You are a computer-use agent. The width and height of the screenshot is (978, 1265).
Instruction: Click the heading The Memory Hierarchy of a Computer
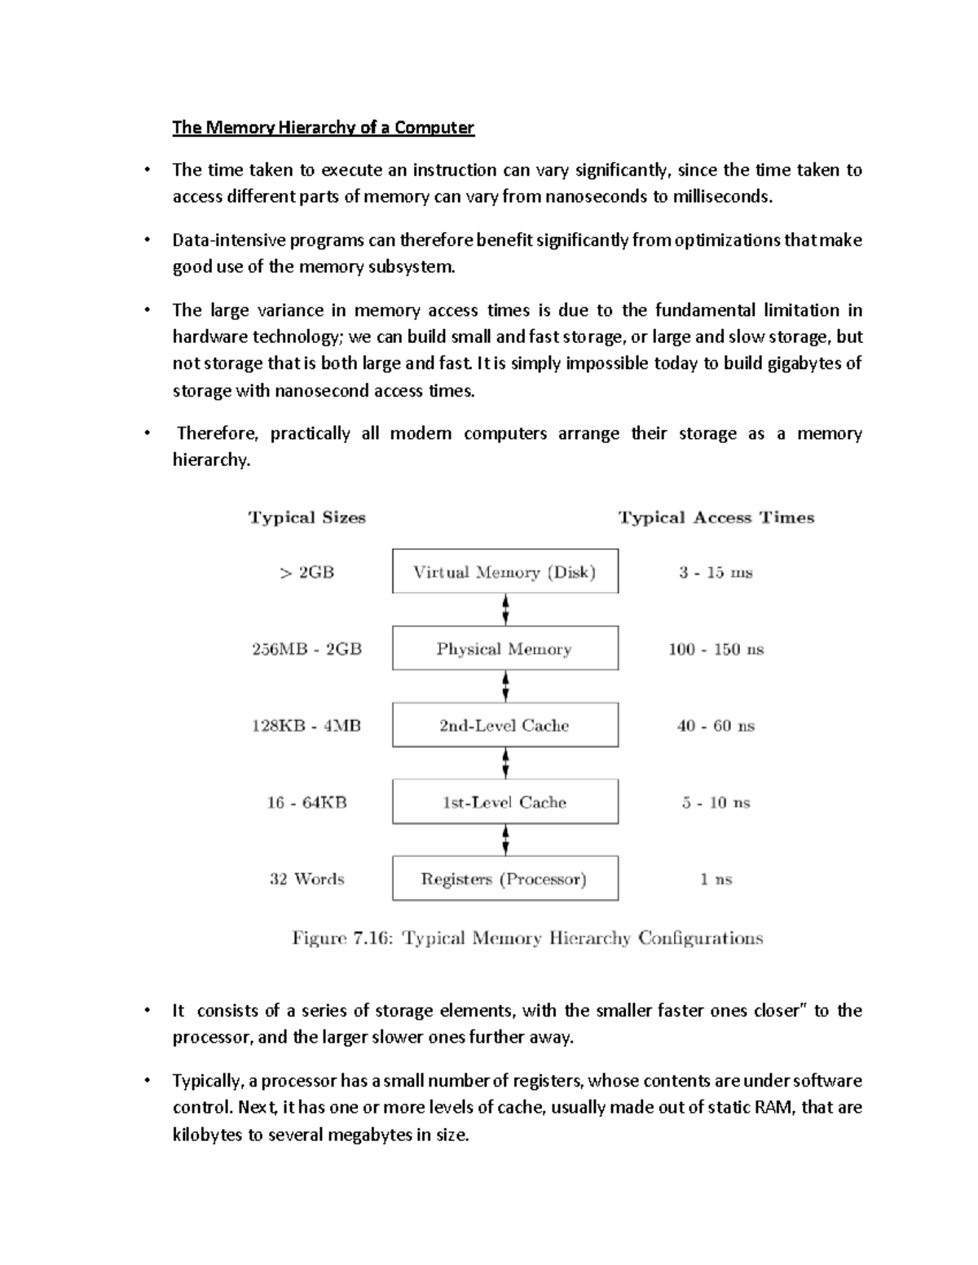point(323,128)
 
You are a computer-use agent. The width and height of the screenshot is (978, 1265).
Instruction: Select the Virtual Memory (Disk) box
point(504,572)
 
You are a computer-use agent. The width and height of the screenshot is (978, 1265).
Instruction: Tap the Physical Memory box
point(504,648)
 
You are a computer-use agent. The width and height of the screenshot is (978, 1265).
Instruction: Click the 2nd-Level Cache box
point(504,725)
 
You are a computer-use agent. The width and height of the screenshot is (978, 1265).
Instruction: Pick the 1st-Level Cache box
point(504,802)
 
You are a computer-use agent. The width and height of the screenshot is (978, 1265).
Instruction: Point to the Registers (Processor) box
point(504,878)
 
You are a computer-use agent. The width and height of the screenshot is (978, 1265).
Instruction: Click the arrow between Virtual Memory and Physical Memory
point(506,608)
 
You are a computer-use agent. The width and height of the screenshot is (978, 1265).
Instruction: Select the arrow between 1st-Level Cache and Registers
point(506,839)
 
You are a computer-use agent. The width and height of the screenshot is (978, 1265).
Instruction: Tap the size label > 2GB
point(306,573)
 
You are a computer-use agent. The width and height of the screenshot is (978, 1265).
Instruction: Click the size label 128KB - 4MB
point(306,726)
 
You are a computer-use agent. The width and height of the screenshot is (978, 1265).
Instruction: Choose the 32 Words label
point(306,879)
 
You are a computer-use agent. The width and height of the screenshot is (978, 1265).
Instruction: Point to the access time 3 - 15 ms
point(716,573)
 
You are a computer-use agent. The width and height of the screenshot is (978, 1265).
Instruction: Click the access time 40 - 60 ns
point(716,726)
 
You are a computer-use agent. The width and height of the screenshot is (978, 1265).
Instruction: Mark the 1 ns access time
point(716,879)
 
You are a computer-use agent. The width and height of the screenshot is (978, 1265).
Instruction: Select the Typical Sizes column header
point(306,518)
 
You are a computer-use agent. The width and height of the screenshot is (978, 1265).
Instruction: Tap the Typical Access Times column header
point(716,518)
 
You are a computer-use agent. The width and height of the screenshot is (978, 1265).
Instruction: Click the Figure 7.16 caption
point(527,938)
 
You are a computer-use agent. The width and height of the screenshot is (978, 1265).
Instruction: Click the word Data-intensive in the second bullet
point(216,240)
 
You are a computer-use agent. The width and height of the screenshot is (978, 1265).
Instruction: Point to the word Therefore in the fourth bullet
point(217,433)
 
